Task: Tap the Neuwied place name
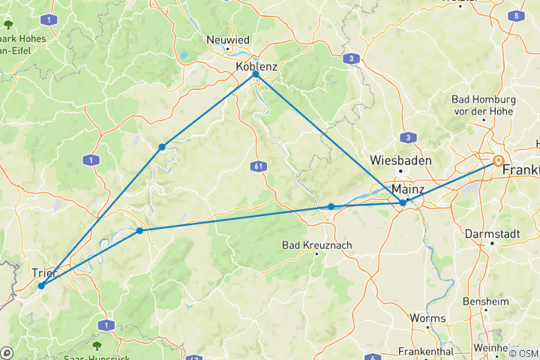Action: click(228, 40)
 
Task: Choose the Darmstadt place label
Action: click(492, 233)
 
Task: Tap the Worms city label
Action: click(427, 318)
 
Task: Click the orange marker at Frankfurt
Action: click(498, 160)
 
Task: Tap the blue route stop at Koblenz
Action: click(256, 74)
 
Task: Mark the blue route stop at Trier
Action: click(41, 286)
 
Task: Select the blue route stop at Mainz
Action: click(403, 202)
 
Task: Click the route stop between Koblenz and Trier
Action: click(162, 147)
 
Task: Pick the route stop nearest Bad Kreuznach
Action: click(331, 206)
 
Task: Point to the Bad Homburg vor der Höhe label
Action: click(483, 104)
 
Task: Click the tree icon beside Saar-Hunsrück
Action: click(97, 345)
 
